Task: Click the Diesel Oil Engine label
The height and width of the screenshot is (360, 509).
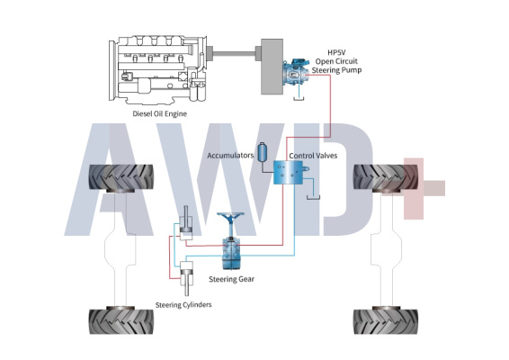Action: pyautogui.click(x=160, y=113)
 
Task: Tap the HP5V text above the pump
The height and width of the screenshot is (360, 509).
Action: pyautogui.click(x=336, y=52)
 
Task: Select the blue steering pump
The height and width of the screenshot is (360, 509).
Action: pyautogui.click(x=295, y=73)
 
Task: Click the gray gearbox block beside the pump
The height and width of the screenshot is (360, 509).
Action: pyautogui.click(x=272, y=67)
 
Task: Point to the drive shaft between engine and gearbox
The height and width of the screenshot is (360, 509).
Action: pyautogui.click(x=234, y=54)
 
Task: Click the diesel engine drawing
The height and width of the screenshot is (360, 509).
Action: pyautogui.click(x=158, y=70)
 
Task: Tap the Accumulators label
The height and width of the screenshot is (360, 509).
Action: pyautogui.click(x=230, y=156)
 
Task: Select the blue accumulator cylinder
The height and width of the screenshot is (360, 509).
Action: pyautogui.click(x=263, y=152)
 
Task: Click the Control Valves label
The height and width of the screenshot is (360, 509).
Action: pyautogui.click(x=313, y=156)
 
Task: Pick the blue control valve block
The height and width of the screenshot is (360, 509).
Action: pyautogui.click(x=289, y=173)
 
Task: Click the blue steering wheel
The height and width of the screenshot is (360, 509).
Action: pyautogui.click(x=230, y=217)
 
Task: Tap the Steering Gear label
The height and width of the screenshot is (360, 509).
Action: pyautogui.click(x=231, y=279)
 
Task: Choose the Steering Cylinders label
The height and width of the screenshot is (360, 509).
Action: pyautogui.click(x=183, y=305)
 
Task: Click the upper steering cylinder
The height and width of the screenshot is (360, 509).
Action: pyautogui.click(x=186, y=224)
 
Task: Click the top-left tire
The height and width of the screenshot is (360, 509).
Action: pyautogui.click(x=121, y=177)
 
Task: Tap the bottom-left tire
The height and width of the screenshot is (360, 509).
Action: pyautogui.click(x=121, y=321)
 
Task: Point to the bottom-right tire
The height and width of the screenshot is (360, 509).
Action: pyautogui.click(x=386, y=321)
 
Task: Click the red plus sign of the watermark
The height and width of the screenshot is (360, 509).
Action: pyautogui.click(x=414, y=188)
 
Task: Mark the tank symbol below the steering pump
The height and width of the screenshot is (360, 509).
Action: pyautogui.click(x=299, y=98)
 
